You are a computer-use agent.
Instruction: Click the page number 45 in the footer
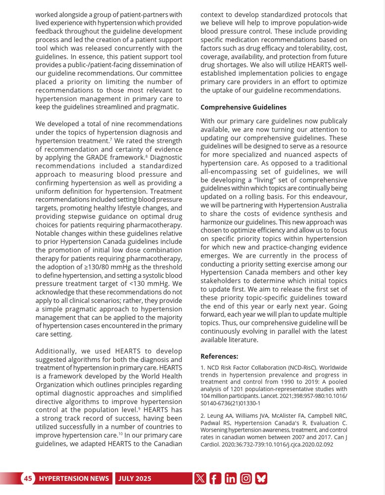28,478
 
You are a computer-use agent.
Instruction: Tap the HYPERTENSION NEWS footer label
74,478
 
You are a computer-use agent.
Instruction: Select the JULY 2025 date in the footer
135,478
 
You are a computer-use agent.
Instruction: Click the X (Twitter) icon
200,478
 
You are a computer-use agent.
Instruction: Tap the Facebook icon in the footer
215,478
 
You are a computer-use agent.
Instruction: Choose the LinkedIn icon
231,478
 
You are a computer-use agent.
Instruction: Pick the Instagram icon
246,478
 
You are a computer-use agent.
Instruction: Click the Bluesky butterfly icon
261,478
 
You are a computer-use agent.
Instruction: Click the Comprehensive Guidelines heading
243,107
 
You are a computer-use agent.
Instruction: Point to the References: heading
219,356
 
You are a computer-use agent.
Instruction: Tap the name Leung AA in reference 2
216,415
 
